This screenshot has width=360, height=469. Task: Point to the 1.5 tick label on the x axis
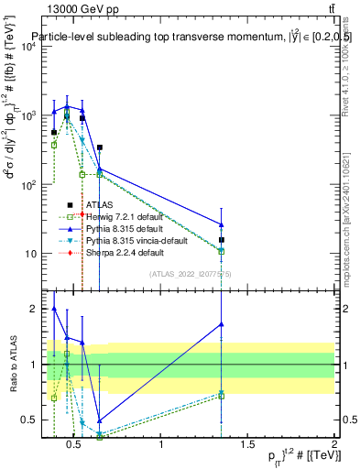247,445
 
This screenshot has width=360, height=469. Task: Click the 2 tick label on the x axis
333,445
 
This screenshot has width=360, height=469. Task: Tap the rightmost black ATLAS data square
221,240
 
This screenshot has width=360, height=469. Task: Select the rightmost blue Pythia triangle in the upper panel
221,224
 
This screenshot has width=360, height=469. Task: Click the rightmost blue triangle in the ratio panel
221,324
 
